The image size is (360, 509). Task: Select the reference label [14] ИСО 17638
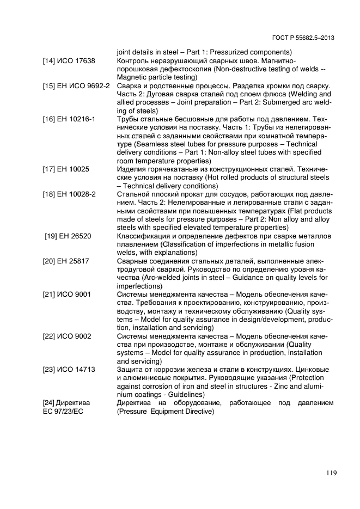pyautogui.click(x=69, y=61)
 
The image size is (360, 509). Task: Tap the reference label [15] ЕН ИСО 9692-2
pyautogui.click(x=76, y=86)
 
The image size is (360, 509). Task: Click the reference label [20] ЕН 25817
pyautogui.click(x=67, y=261)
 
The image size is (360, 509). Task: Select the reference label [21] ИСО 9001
pyautogui.click(x=66, y=295)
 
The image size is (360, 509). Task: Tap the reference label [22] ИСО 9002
pyautogui.click(x=66, y=336)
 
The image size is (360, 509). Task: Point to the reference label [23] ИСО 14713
pyautogui.click(x=69, y=369)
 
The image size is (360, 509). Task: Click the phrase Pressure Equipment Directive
pyautogui.click(x=166, y=412)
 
